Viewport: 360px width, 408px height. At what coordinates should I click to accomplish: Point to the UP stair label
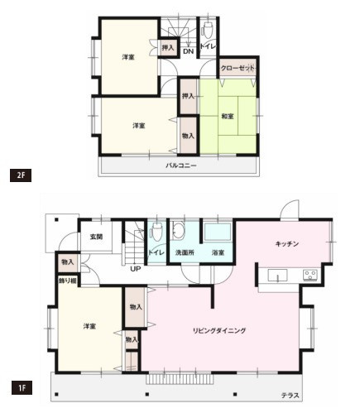133,267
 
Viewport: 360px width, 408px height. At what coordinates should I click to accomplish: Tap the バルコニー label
180,165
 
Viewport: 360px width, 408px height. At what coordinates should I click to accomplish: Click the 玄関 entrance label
96,238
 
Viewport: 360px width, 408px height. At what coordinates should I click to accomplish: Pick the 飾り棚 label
67,281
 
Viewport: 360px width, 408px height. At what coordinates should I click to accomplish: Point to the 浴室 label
218,252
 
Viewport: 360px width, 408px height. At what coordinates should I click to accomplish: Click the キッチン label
287,243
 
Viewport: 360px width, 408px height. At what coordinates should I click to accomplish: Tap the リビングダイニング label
219,330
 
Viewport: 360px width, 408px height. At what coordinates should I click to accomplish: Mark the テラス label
290,396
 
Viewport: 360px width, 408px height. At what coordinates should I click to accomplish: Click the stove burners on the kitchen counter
310,275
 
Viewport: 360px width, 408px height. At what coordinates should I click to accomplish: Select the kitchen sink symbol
276,275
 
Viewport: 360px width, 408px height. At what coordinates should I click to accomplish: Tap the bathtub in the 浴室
218,233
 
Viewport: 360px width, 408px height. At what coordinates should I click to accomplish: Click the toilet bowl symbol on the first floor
157,233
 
